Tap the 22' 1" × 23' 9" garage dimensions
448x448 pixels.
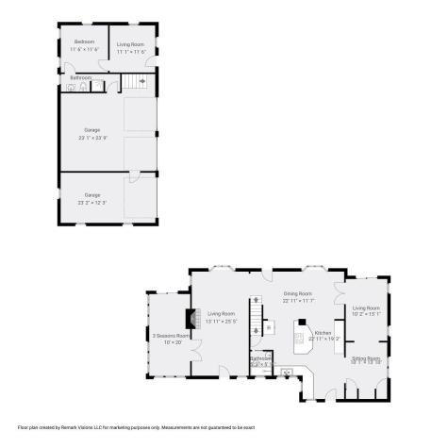(91, 138)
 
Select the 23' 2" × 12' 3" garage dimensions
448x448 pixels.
(91, 202)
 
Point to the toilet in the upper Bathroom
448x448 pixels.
(84, 87)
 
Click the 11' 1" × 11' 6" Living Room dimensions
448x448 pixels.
(131, 51)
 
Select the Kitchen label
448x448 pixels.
(324, 333)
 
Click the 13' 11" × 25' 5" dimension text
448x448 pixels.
(222, 321)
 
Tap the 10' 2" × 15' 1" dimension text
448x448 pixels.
(366, 315)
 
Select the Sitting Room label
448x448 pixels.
(366, 358)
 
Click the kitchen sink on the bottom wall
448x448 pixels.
(287, 373)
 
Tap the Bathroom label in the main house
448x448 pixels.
(261, 357)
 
